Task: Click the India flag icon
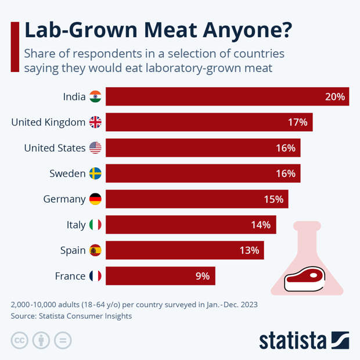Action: (95, 97)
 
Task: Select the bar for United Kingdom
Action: (209, 123)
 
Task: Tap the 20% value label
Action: (335, 97)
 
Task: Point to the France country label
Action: (70, 276)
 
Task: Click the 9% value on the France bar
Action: (202, 276)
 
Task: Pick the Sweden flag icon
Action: (95, 174)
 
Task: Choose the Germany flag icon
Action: (95, 199)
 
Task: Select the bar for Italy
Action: (190, 225)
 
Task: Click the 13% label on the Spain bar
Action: (249, 250)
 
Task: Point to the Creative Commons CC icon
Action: (19, 340)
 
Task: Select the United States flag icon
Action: (95, 148)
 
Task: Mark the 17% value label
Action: (297, 123)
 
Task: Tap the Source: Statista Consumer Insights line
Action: (71, 316)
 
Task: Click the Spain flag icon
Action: (95, 250)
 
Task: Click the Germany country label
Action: (64, 199)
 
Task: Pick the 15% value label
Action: (273, 199)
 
